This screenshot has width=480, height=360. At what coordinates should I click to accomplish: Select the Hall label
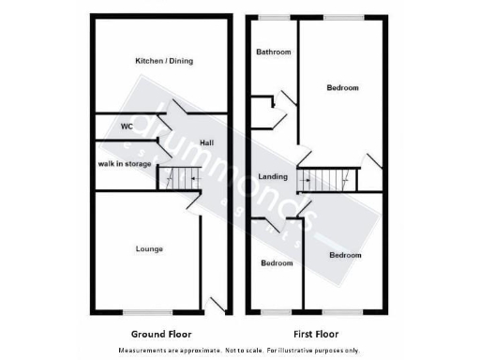[x=206, y=142]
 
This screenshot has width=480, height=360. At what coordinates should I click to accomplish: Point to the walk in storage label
[x=125, y=164]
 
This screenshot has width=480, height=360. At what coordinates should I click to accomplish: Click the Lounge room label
[x=149, y=248]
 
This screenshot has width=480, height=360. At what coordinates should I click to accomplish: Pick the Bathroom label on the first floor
[x=274, y=52]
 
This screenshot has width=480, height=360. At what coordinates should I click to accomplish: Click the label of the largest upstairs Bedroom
[x=342, y=88]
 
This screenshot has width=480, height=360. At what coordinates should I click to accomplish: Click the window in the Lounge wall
[x=147, y=311]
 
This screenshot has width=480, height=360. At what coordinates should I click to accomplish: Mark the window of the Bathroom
[x=273, y=17]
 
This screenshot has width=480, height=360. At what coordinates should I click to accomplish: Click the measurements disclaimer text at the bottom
[x=239, y=351]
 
